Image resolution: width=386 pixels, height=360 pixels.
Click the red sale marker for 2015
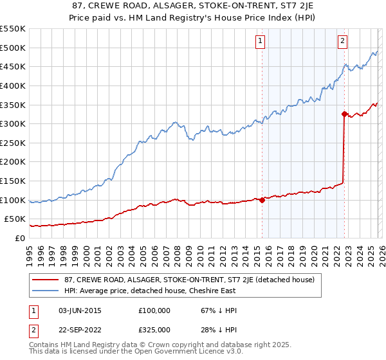coord(262,200)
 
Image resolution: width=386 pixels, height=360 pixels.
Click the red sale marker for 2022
coord(344,114)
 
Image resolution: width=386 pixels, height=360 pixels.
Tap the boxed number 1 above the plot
coord(260,41)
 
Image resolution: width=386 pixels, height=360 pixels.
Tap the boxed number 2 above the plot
coord(342,41)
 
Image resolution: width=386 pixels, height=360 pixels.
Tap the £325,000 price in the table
coord(154,329)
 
